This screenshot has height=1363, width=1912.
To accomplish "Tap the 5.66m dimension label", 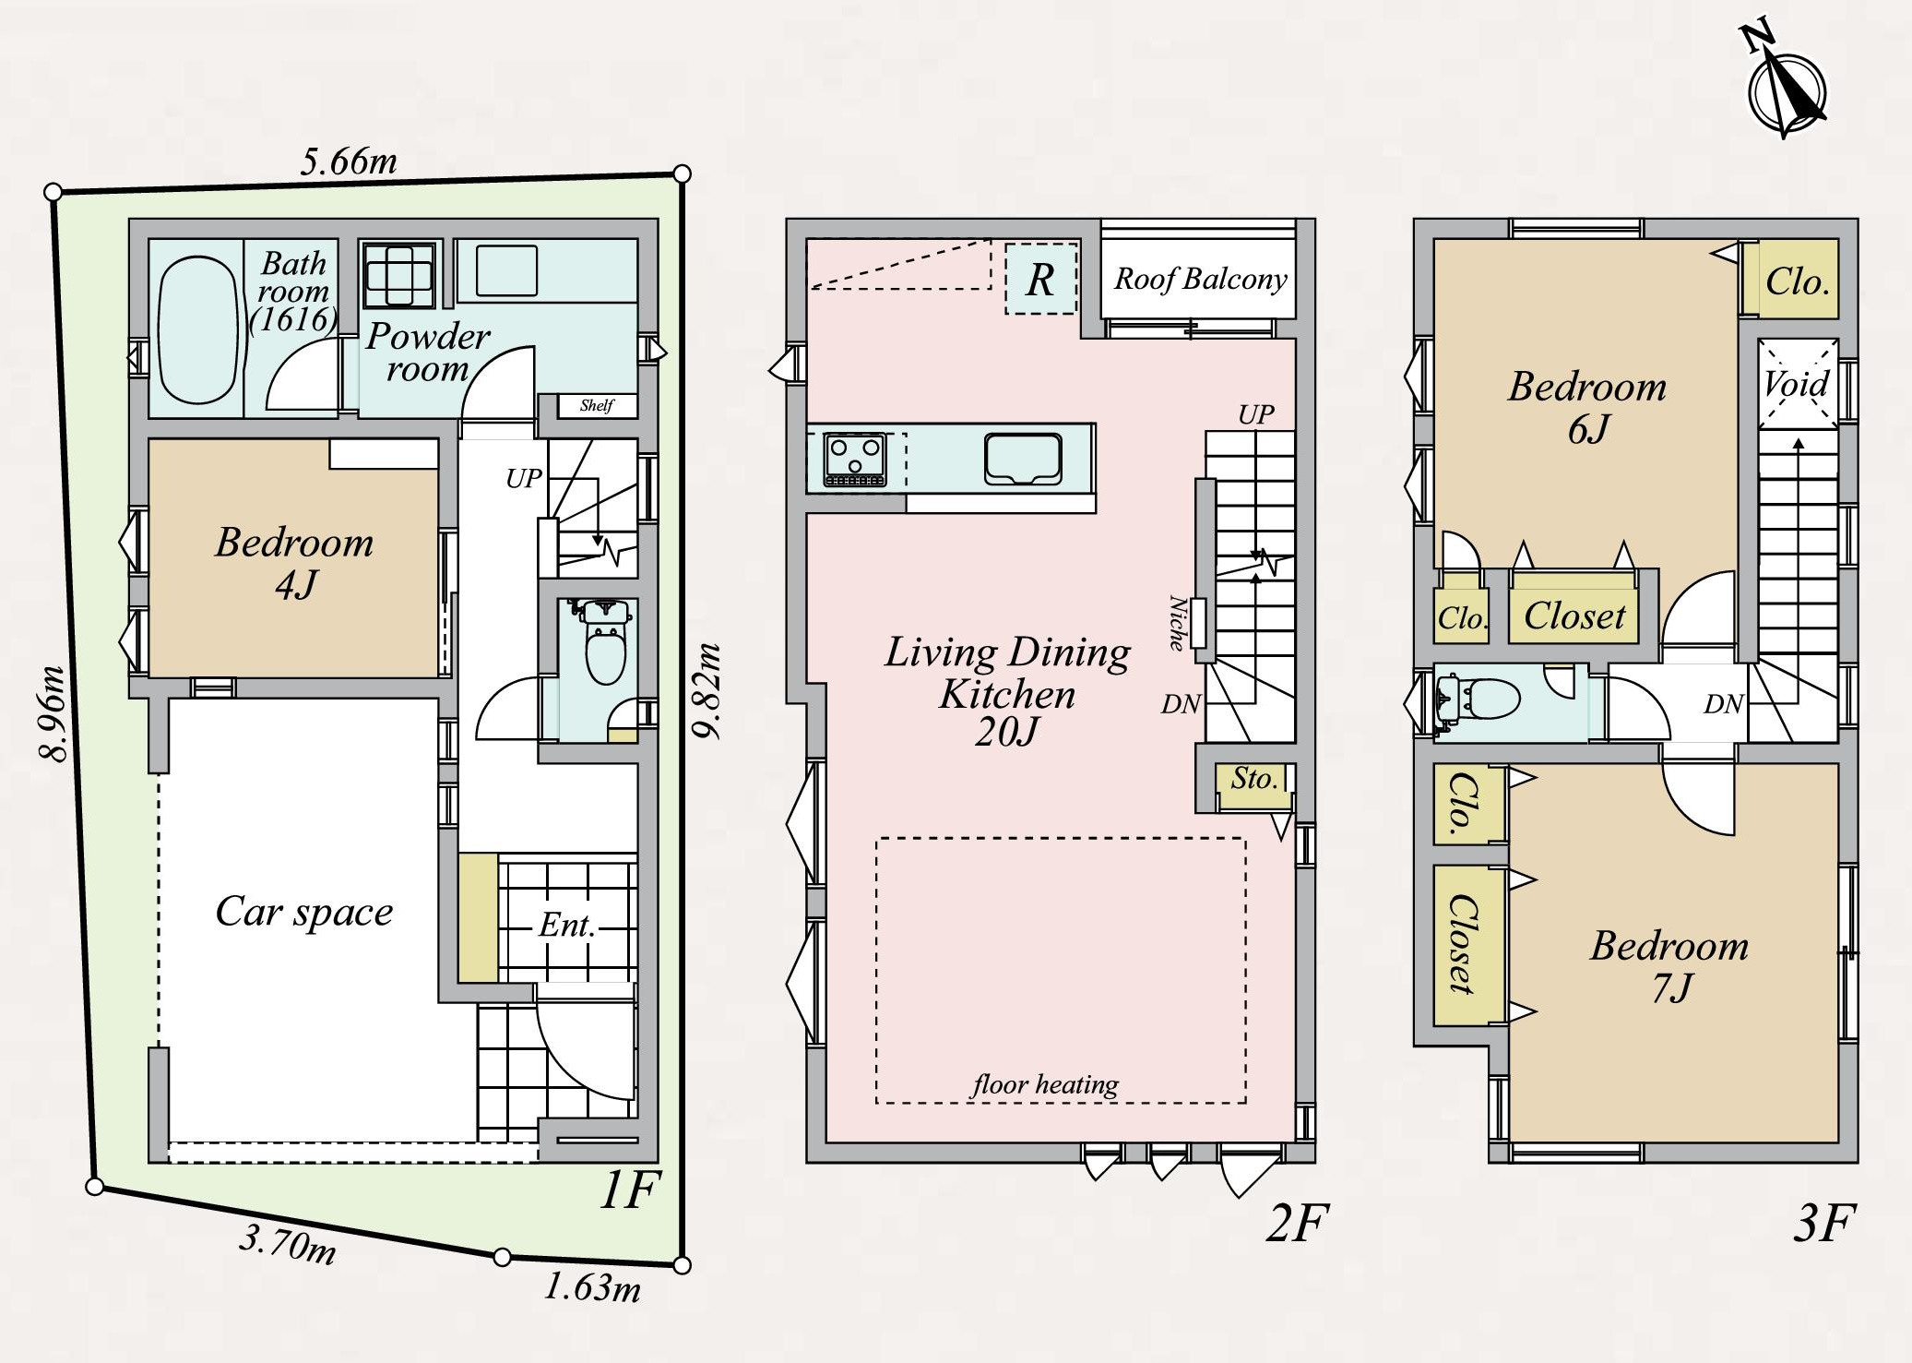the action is click(x=349, y=161).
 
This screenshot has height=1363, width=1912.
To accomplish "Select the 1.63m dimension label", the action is click(x=592, y=1285).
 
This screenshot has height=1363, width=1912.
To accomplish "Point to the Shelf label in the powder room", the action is click(x=596, y=405).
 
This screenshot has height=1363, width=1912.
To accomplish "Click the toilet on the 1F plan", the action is click(x=605, y=641).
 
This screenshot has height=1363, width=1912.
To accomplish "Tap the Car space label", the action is click(x=304, y=912).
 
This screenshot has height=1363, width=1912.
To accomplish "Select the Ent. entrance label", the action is click(x=566, y=925).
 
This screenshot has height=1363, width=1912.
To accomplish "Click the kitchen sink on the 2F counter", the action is click(x=1022, y=459).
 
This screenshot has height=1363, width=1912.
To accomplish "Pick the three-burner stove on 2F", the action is click(x=854, y=459).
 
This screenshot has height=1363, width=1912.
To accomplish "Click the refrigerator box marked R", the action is click(x=1040, y=278).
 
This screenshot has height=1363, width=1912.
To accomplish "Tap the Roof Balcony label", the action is click(x=1200, y=279).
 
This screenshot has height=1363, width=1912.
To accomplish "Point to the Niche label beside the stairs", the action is click(x=1178, y=623).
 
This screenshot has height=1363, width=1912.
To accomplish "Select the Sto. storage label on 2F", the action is click(x=1254, y=779).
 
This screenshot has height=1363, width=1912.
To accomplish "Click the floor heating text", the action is click(x=1045, y=1084).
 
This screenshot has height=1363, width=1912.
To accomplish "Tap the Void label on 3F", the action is click(x=1796, y=383).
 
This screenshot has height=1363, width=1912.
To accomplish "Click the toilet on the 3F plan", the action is click(x=1478, y=699).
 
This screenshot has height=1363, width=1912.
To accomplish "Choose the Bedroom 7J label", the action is click(x=1669, y=966).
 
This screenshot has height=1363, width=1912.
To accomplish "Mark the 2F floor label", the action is click(x=1296, y=1224).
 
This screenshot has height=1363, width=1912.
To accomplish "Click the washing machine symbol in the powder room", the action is click(x=398, y=275).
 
